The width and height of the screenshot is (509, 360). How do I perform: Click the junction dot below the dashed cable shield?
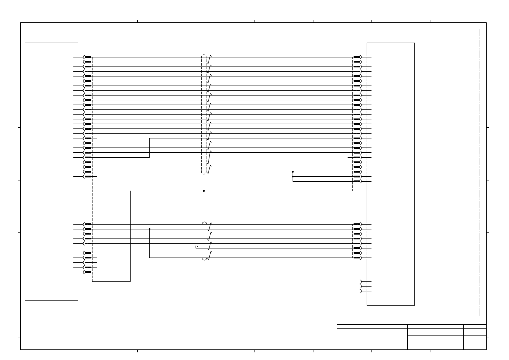pos(204,191)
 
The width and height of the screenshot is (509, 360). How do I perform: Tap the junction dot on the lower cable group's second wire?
pos(149,229)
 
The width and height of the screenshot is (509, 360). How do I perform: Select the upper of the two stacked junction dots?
pos(293,172)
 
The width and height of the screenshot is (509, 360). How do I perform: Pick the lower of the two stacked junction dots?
pos(293,177)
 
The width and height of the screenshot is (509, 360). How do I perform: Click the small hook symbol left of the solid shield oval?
pos(197,247)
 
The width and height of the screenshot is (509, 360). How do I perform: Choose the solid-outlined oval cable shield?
pos(204,241)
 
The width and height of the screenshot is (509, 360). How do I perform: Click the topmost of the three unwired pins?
pos(360,281)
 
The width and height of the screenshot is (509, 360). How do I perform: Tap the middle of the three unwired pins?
pos(360,286)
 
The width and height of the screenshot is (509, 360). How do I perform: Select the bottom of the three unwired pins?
pos(360,291)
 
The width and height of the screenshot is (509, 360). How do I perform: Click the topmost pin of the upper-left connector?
pos(88,57)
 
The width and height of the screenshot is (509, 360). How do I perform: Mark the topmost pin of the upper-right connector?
pos(357,57)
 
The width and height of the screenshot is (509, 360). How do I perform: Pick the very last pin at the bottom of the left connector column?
pos(88,272)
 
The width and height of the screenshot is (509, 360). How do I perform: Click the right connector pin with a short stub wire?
pos(357,157)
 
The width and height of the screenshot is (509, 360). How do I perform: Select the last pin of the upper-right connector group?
pos(357,181)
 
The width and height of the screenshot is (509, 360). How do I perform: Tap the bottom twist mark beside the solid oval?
pos(209,255)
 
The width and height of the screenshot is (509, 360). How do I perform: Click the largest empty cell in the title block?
pos(372,339)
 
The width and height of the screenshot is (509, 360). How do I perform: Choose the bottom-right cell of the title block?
pos(475,344)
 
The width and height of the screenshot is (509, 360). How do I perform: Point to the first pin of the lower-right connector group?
pos(357,224)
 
